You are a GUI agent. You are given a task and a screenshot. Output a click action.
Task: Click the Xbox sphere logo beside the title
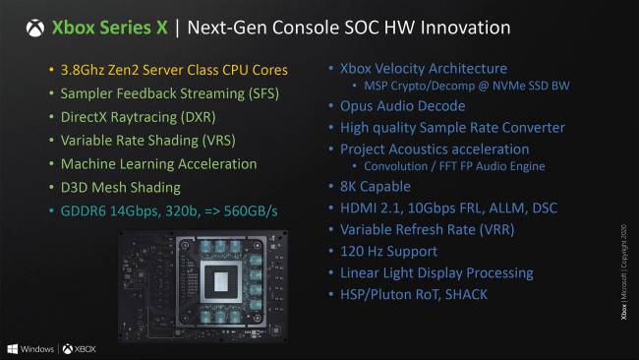coord(34,27)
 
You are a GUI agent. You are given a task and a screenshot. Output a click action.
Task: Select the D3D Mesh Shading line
coord(115,186)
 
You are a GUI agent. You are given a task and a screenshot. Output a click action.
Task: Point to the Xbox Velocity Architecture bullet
coord(423,69)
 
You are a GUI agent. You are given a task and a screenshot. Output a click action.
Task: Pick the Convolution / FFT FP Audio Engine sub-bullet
coord(455,166)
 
